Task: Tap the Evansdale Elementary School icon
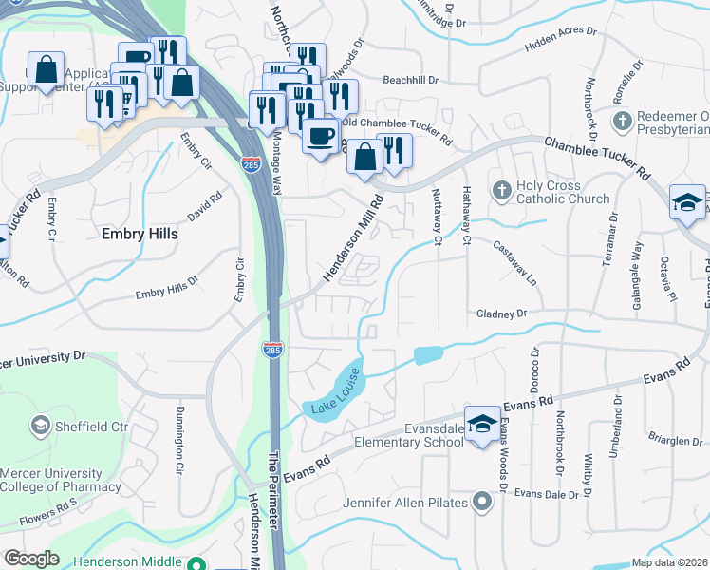tap(482, 424)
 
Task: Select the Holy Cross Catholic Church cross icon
tap(501, 191)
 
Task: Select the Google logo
tap(30, 559)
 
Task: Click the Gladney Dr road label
tap(501, 313)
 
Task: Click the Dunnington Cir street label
tap(178, 441)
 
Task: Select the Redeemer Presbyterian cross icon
tap(622, 121)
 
